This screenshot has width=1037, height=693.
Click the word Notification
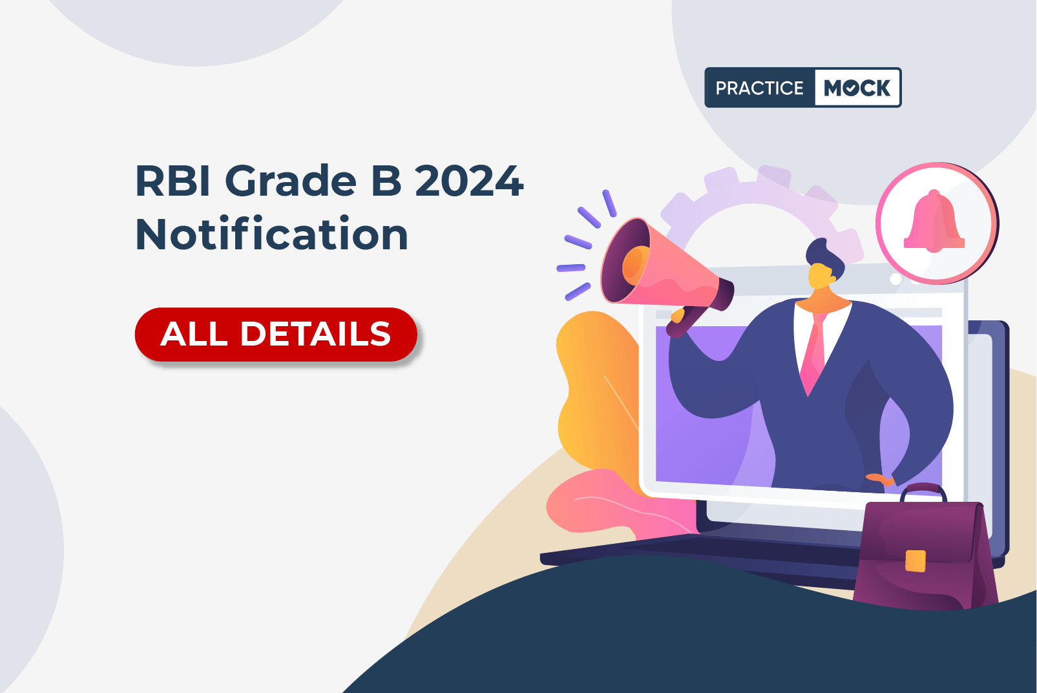[x=272, y=234]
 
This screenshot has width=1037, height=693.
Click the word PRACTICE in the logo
[x=759, y=88]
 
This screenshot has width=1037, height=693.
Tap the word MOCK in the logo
[x=857, y=87]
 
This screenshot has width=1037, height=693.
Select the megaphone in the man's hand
[x=667, y=273]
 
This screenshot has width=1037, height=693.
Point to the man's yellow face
[x=821, y=276]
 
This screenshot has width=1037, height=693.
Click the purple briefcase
[x=925, y=550]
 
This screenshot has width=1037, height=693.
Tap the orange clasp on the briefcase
[x=916, y=561]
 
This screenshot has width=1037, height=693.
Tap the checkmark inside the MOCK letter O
[x=851, y=88]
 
